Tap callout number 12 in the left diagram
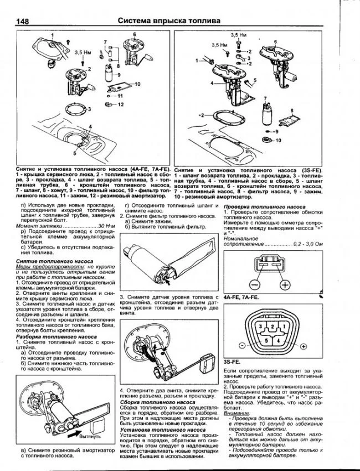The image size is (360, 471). click(121, 104)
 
